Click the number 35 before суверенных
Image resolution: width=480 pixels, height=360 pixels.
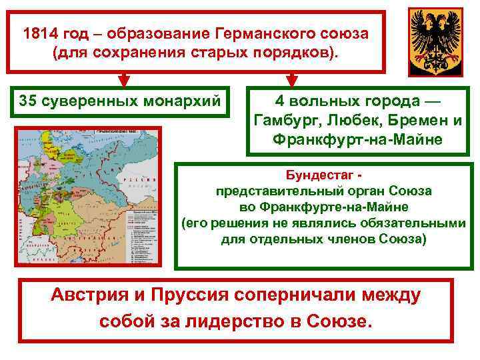click(x=28, y=101)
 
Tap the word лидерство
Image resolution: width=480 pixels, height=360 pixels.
click(x=218, y=321)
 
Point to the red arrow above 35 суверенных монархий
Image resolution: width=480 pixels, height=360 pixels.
click(x=123, y=80)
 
